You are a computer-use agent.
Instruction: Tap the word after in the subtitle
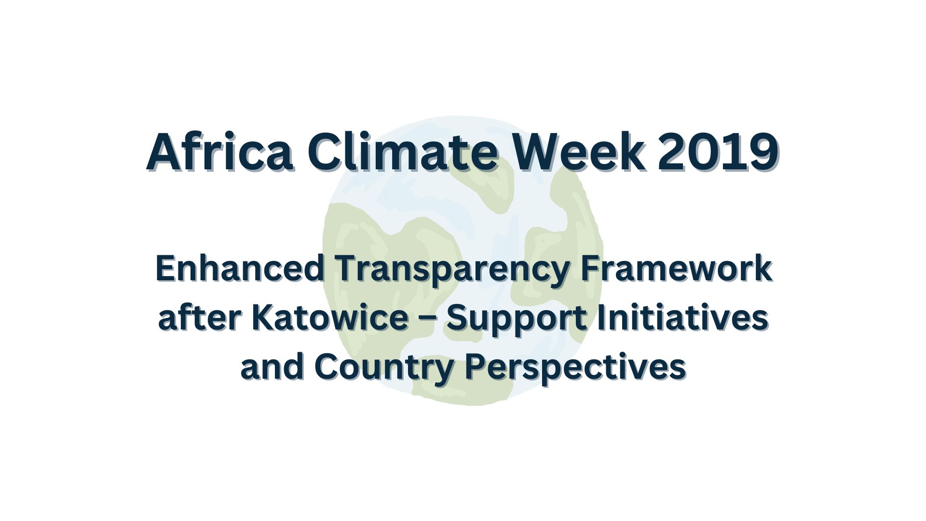(199, 318)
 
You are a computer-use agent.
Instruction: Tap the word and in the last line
(272, 367)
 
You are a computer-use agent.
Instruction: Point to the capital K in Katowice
(263, 318)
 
